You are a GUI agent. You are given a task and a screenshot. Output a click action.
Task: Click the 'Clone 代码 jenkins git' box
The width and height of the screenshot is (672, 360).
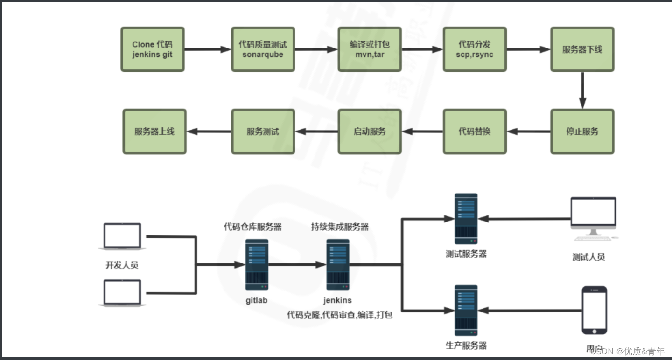(153, 49)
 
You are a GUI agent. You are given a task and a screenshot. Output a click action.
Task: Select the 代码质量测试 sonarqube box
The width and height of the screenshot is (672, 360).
(263, 49)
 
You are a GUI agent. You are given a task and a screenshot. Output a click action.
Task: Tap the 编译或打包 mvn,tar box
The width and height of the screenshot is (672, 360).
(370, 49)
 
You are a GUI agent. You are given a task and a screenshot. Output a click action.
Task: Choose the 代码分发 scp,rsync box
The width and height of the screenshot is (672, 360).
(475, 49)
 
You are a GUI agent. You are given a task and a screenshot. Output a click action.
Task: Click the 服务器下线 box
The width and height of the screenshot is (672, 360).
(582, 49)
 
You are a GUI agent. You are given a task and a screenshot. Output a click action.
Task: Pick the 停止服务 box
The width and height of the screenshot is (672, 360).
(582, 132)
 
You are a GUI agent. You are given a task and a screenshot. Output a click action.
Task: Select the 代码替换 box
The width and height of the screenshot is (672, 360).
(475, 132)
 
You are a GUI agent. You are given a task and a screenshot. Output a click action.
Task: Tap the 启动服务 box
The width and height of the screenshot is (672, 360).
(370, 132)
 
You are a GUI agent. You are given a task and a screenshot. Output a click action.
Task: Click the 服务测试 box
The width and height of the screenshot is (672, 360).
(263, 132)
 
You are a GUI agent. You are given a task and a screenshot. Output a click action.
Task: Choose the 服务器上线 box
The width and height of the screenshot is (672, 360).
(154, 132)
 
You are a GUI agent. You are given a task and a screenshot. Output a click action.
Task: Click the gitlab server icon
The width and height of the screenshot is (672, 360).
(257, 264)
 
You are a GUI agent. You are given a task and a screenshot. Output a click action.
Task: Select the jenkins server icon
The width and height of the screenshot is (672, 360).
(337, 264)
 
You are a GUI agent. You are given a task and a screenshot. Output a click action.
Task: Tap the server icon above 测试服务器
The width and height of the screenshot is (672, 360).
(466, 219)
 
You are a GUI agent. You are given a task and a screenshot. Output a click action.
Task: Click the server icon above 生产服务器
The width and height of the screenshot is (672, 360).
(466, 311)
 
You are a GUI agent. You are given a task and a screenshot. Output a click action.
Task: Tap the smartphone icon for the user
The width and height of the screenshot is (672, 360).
(594, 310)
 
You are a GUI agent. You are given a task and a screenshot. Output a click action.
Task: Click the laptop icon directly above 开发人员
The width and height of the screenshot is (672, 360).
(122, 236)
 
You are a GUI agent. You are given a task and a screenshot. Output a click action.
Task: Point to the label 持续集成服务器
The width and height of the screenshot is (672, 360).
(340, 227)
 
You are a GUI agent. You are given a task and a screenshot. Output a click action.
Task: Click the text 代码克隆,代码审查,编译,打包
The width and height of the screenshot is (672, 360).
(340, 315)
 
